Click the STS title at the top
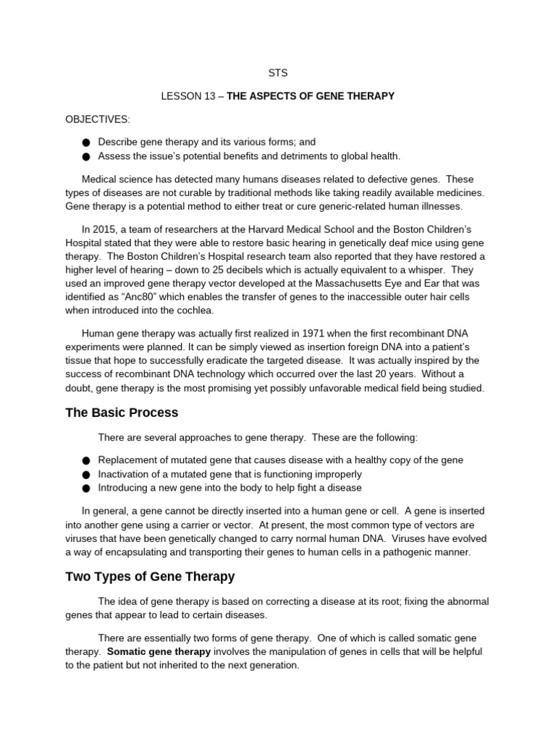click(x=278, y=72)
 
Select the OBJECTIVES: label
click(x=98, y=119)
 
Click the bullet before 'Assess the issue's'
click(x=87, y=157)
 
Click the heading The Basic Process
click(x=122, y=413)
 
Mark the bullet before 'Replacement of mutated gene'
click(x=87, y=461)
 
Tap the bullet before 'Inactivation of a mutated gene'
click(x=87, y=475)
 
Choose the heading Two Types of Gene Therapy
click(x=150, y=577)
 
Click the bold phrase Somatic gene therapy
click(x=159, y=651)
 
